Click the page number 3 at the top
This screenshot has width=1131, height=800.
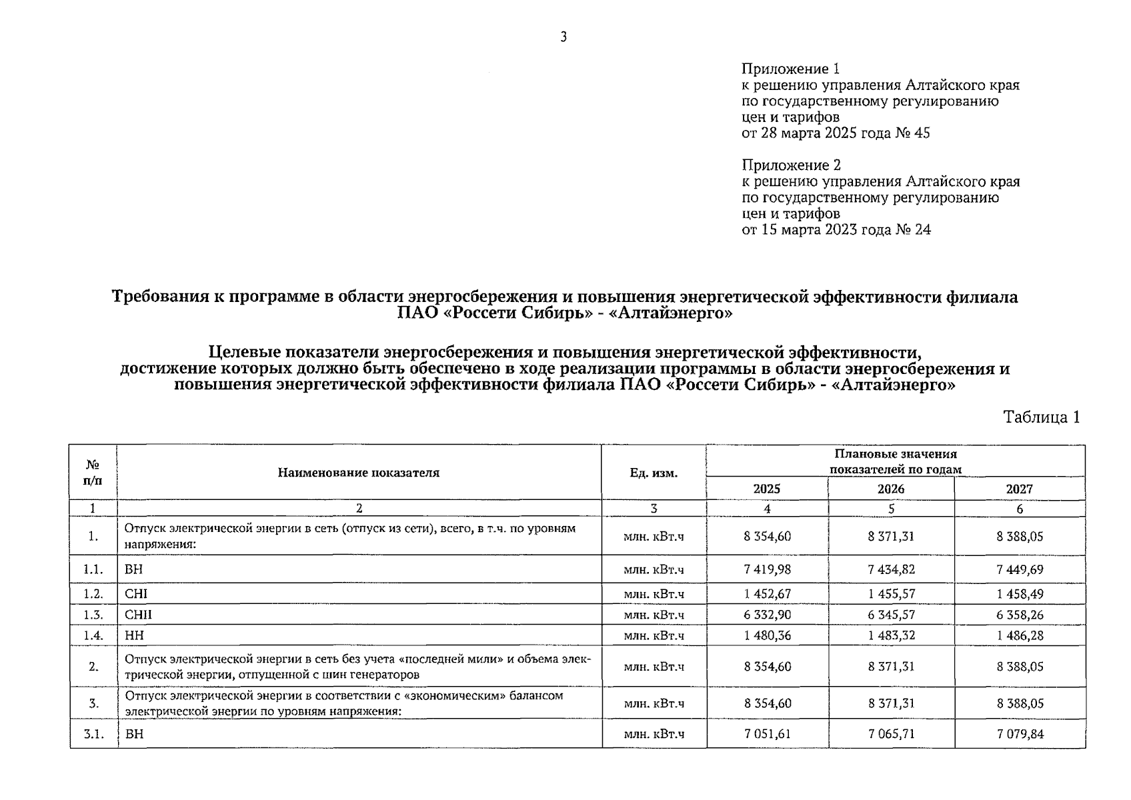pyautogui.click(x=563, y=37)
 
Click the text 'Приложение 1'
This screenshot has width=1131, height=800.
pyautogui.click(x=790, y=69)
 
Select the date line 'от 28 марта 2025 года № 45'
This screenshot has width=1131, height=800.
pyautogui.click(x=836, y=133)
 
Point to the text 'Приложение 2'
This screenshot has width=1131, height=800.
pyautogui.click(x=791, y=165)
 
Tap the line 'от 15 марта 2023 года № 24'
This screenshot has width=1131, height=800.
pyautogui.click(x=836, y=230)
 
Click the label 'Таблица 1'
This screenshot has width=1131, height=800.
pyautogui.click(x=1041, y=417)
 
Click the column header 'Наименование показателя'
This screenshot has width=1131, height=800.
pyautogui.click(x=359, y=473)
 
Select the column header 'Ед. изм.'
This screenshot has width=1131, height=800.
pyautogui.click(x=654, y=473)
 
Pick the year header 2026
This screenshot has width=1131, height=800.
pyautogui.click(x=891, y=489)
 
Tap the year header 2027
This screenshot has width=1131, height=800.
pyautogui.click(x=1019, y=489)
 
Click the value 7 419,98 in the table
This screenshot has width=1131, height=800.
pyautogui.click(x=767, y=569)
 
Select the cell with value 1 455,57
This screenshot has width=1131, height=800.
pyautogui.click(x=891, y=593)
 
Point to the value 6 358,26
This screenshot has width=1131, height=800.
pyautogui.click(x=1020, y=615)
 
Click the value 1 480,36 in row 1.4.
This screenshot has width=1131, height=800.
pyautogui.click(x=767, y=635)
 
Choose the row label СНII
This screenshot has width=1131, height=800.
pyautogui.click(x=138, y=615)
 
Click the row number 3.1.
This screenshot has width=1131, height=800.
pyautogui.click(x=93, y=734)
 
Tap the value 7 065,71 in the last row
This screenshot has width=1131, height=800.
pyautogui.click(x=891, y=734)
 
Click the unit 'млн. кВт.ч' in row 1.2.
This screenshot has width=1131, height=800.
pyautogui.click(x=654, y=593)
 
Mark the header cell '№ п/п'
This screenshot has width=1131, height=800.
pyautogui.click(x=93, y=472)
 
